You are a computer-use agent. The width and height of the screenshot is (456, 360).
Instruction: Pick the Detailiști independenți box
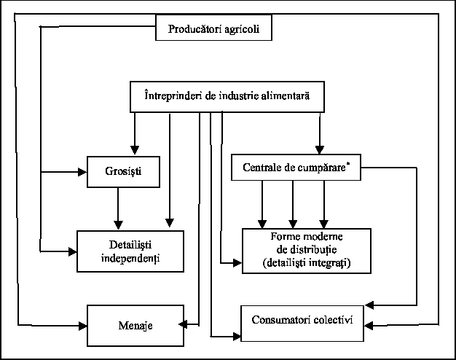coord(130,251)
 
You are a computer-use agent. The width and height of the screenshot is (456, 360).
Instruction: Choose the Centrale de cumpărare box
coord(295,168)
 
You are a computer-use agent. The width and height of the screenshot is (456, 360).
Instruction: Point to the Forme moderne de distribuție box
coord(306,250)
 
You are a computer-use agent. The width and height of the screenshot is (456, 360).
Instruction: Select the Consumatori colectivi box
coord(302,321)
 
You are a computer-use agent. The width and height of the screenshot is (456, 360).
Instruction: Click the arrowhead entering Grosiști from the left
coord(82,172)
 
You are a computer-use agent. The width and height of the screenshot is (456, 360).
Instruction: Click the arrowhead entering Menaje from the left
coord(82,322)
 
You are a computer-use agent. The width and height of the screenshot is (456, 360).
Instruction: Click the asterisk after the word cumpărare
coord(348,163)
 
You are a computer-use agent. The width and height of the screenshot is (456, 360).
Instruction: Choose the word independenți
coord(130,258)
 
